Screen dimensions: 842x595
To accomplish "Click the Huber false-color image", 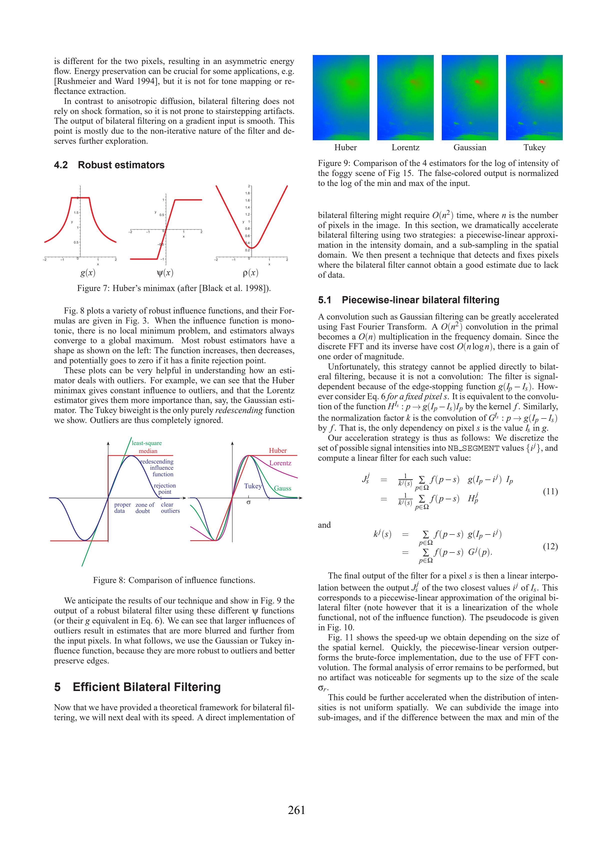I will pos(341,97).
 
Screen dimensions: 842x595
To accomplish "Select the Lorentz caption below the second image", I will pos(405,147).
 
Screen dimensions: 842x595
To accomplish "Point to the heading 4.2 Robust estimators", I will pos(109,165).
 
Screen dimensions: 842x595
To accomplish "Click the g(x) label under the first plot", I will pos(88,273).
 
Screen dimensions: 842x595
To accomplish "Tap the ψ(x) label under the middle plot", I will pos(165,273).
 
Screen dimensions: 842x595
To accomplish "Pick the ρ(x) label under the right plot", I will pos(250,273).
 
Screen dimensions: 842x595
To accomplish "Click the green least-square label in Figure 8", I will pos(147,443).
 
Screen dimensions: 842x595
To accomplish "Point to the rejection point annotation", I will pos(165,488).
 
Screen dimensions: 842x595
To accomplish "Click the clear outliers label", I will pos(170,507).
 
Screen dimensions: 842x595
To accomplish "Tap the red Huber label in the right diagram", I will pos(278,450).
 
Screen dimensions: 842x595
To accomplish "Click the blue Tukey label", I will pos(253,486).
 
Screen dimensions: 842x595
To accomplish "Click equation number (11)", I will pos(550,491).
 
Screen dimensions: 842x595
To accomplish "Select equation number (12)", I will pos(550,546).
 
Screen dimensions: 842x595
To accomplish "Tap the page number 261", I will pos(296,810).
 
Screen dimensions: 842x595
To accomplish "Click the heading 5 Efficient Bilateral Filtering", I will pos(137,687).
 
